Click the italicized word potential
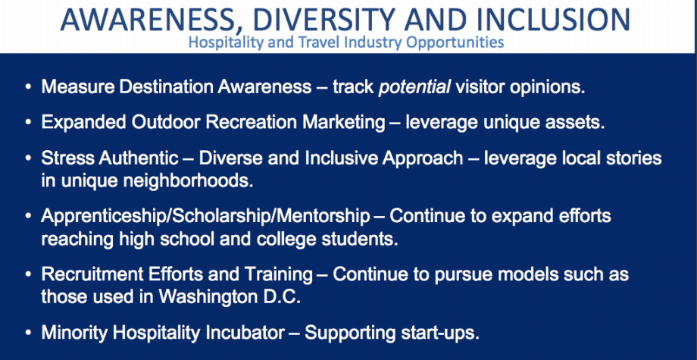coord(414,87)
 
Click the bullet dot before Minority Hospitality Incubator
coord(29,333)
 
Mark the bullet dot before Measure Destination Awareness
coord(29,87)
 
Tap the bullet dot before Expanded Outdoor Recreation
coord(29,123)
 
